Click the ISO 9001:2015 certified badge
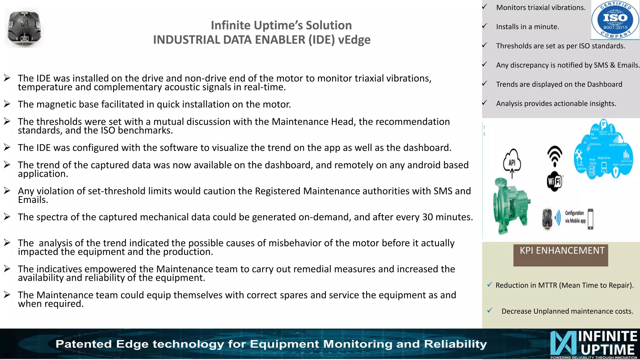point(615,20)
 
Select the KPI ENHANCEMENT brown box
point(561,255)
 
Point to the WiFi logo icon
point(555,181)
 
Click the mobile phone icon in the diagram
point(590,219)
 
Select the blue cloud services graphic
point(603,150)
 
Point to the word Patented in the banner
point(83,344)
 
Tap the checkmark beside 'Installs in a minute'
point(484,26)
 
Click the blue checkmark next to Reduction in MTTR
point(490,284)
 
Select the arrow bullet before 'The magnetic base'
point(7,104)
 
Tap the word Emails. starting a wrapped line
point(33,200)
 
